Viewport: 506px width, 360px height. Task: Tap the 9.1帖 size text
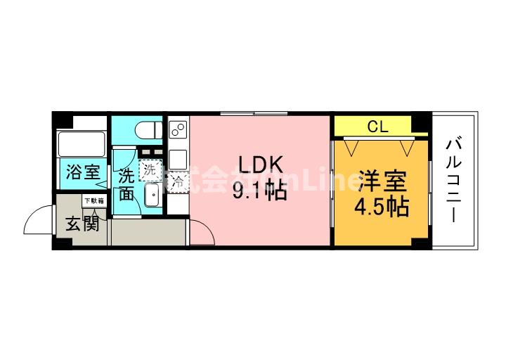(x=260, y=191)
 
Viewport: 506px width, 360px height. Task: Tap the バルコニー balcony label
(x=453, y=180)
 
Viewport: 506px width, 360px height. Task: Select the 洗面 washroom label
(x=126, y=184)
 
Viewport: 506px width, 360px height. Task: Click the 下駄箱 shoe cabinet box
(x=93, y=201)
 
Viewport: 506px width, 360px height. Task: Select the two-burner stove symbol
(x=178, y=130)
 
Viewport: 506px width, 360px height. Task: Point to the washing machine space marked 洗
(x=149, y=169)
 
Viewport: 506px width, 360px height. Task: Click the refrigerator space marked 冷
(x=177, y=182)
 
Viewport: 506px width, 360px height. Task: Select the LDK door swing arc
(x=201, y=229)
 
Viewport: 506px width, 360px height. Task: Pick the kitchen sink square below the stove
(x=178, y=156)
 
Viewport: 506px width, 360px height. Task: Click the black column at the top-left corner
(x=59, y=119)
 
